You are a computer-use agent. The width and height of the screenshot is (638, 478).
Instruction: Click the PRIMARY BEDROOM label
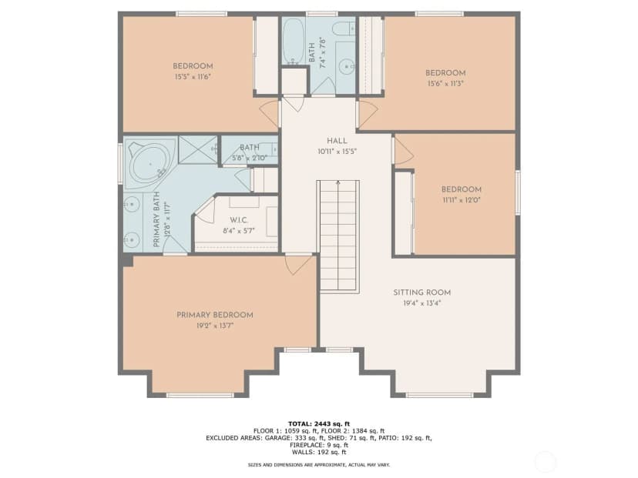pyautogui.click(x=215, y=315)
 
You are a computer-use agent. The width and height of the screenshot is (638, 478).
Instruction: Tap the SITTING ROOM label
pyautogui.click(x=422, y=292)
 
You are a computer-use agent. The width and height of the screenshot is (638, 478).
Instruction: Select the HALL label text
pyautogui.click(x=337, y=141)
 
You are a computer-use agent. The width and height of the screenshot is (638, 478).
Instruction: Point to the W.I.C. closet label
pyautogui.click(x=238, y=220)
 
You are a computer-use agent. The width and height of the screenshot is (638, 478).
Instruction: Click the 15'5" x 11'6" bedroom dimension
pyautogui.click(x=193, y=77)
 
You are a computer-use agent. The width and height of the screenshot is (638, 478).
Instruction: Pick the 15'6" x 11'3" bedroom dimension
pyautogui.click(x=445, y=84)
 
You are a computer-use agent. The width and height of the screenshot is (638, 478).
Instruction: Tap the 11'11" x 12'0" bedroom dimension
pyautogui.click(x=462, y=200)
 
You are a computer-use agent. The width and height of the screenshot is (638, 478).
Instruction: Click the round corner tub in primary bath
pyautogui.click(x=149, y=163)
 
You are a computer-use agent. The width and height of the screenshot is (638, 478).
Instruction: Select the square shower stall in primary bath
pyautogui.click(x=198, y=149)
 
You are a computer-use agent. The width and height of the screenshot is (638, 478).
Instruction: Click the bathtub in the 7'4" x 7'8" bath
pyautogui.click(x=294, y=41)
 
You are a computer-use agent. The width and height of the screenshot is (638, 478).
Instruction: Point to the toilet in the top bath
pyautogui.click(x=344, y=28)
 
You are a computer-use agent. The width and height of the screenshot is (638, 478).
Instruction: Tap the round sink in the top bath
pyautogui.click(x=347, y=65)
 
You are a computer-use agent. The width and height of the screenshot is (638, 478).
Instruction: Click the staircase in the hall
pyautogui.click(x=338, y=236)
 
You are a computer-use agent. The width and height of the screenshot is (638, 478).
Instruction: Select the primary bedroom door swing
pyautogui.click(x=298, y=264)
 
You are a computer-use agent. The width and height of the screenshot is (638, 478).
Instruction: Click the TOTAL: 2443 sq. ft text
pyautogui.click(x=319, y=424)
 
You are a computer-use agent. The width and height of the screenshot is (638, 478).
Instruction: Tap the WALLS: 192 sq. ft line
pyautogui.click(x=319, y=452)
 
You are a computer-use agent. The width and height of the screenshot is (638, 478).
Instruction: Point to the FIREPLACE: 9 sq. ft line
pyautogui.click(x=319, y=445)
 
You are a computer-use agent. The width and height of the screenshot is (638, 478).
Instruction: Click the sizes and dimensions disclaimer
pyautogui.click(x=319, y=465)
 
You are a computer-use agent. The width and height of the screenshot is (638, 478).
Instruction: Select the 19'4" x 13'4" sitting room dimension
pyautogui.click(x=422, y=303)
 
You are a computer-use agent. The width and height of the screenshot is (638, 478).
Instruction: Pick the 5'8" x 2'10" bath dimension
pyautogui.click(x=250, y=158)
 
